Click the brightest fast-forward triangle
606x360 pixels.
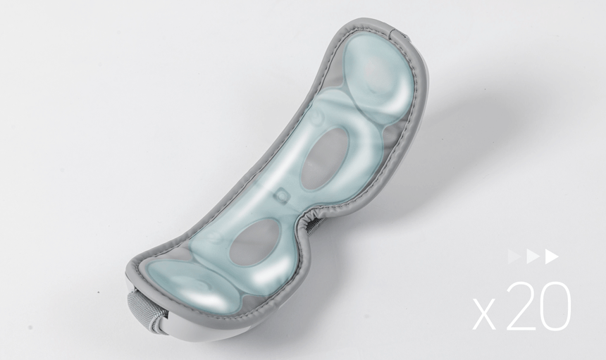[x=552, y=257]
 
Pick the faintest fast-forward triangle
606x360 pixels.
[x=514, y=257]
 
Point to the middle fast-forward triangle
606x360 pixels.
[x=533, y=257]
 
